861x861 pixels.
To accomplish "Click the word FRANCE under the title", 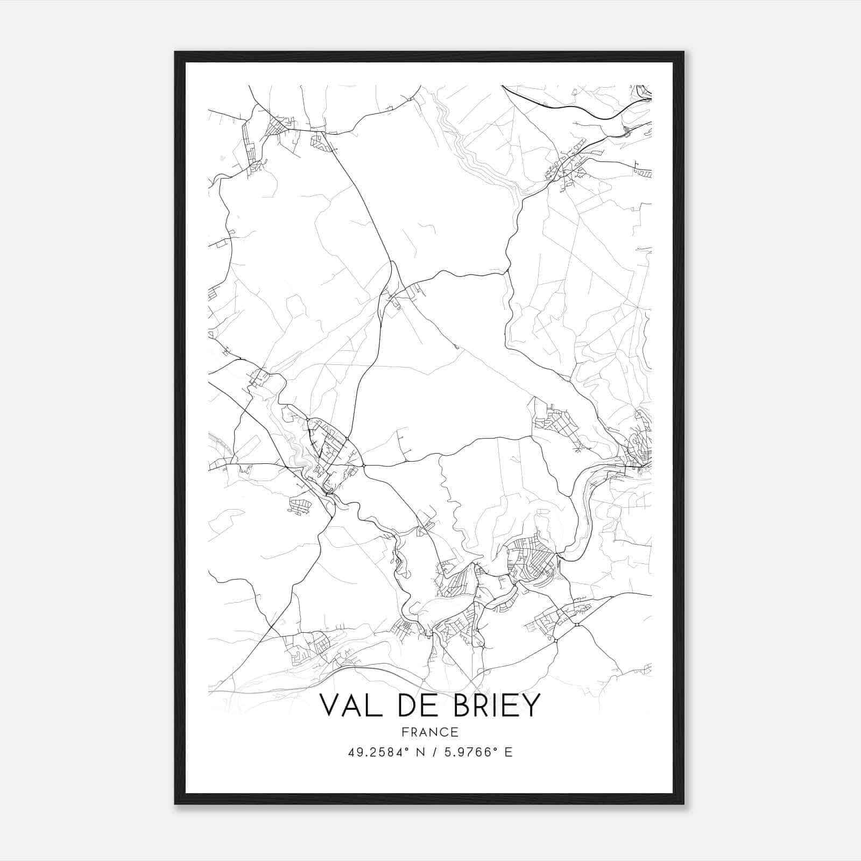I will point(429,732).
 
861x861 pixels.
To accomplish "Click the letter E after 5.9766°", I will point(509,752).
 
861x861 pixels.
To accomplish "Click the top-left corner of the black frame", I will point(175,52).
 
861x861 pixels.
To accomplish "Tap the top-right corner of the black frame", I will point(683,52).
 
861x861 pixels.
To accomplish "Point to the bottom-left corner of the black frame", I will point(175,803).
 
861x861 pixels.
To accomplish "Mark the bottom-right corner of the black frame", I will point(683,803).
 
